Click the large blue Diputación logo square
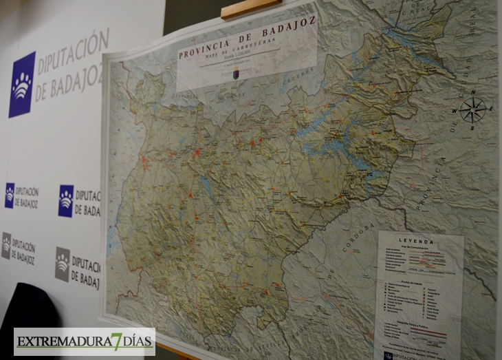(x=22, y=84)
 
